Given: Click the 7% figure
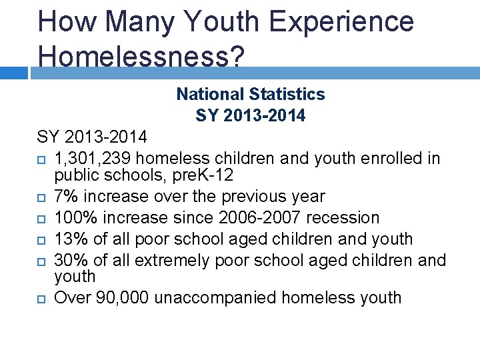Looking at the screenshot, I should pyautogui.click(x=65, y=197).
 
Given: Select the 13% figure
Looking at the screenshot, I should pyautogui.click(x=69, y=239).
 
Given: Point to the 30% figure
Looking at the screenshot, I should pyautogui.click(x=69, y=260).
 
